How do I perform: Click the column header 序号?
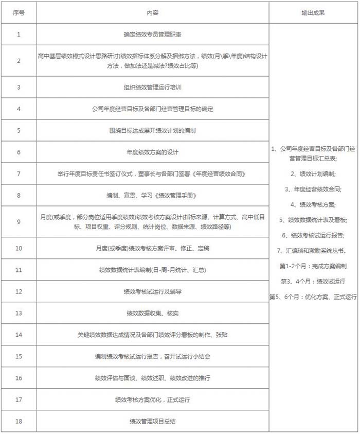(x=19, y=12)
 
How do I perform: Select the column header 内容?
(x=152, y=12)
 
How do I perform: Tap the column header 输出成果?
(x=313, y=12)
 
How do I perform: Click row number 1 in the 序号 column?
(x=19, y=34)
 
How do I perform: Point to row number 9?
(x=19, y=221)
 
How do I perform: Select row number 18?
(x=19, y=421)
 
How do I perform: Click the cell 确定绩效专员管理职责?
(x=152, y=34)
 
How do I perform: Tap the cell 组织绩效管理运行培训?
(x=152, y=87)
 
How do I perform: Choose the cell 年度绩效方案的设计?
(x=152, y=152)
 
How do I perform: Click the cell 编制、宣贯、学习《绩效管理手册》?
(x=152, y=195)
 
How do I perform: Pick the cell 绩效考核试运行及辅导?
(x=152, y=291)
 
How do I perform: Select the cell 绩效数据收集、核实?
(x=152, y=313)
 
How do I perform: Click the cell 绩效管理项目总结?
(x=152, y=421)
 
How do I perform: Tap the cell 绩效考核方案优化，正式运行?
(x=152, y=399)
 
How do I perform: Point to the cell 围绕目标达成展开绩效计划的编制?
(x=152, y=130)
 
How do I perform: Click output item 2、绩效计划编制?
(x=313, y=174)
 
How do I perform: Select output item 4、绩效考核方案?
(x=313, y=204)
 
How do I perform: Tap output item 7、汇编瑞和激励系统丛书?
(x=313, y=251)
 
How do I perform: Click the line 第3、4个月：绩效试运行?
(x=313, y=282)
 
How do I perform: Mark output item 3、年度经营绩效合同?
(x=313, y=189)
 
